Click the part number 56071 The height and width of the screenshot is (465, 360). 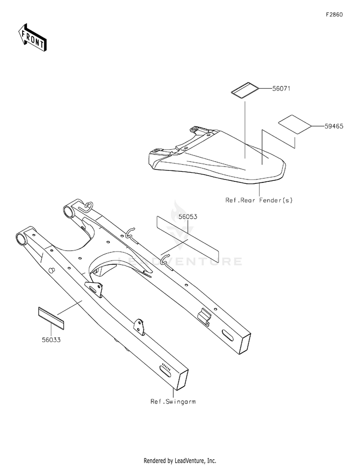(282, 89)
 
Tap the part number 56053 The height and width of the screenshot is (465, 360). (188, 216)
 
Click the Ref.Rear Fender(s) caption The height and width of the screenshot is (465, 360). (259, 200)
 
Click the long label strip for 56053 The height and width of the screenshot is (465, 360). (187, 238)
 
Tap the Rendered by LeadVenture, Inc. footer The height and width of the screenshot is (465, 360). (180, 460)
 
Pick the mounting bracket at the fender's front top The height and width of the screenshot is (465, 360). (197, 131)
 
